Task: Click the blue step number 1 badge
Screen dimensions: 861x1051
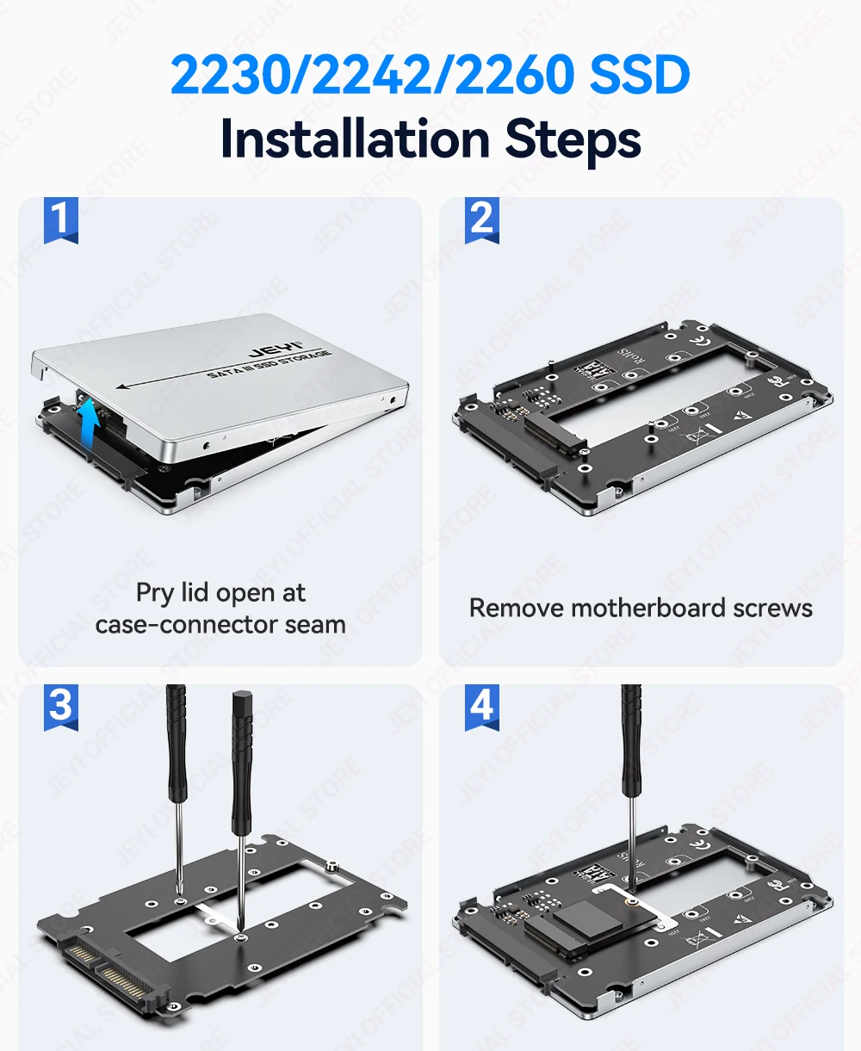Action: click(x=60, y=219)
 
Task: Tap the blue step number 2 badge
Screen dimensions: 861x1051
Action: click(x=482, y=219)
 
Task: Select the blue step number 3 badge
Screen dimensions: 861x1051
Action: click(x=60, y=706)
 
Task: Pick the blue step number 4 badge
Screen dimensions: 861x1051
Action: click(x=482, y=706)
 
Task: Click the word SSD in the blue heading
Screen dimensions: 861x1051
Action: click(x=640, y=75)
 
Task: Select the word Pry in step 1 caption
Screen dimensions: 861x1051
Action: click(x=155, y=593)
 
